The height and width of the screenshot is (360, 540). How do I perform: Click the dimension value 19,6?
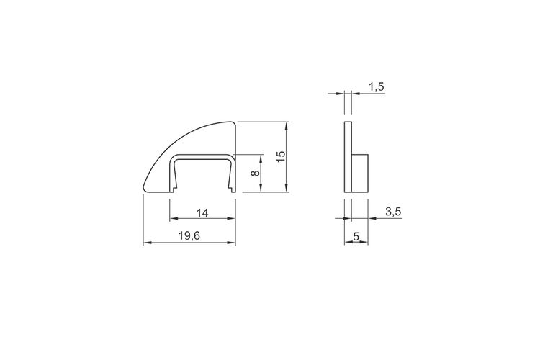[189, 236]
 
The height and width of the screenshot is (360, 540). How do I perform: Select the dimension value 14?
[202, 213]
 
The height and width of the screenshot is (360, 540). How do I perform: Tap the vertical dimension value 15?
[281, 156]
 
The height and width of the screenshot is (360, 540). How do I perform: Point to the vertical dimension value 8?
[255, 173]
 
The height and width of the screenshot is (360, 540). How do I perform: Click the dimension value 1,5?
[377, 87]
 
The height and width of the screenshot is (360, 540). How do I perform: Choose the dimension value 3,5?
[393, 212]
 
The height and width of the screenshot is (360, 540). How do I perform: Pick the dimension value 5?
[356, 236]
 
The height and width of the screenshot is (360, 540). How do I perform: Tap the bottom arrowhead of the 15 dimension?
[287, 188]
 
